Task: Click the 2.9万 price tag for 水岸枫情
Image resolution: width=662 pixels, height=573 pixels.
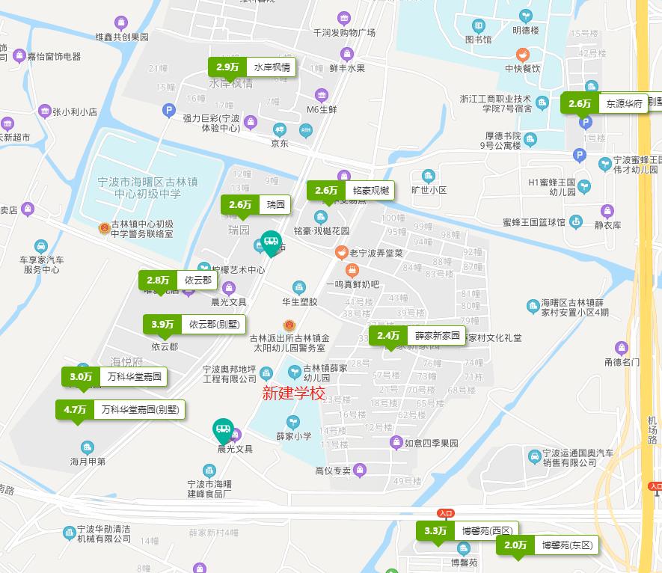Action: pos(251,67)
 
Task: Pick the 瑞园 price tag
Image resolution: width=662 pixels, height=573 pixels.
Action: pos(256,205)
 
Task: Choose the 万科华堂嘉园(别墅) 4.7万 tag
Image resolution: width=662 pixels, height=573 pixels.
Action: pos(120,410)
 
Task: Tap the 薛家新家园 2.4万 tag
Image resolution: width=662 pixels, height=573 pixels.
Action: pos(417,335)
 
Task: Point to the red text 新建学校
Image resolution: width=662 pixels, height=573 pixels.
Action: pos(294,393)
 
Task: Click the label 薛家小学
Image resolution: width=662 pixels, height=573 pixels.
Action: pos(293,435)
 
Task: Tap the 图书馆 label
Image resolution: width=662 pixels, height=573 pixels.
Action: pos(479,40)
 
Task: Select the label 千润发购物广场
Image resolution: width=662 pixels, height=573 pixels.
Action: pos(344,33)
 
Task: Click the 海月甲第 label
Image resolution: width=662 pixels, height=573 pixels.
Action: pos(88,461)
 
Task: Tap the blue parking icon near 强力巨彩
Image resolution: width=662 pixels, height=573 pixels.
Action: pos(168,111)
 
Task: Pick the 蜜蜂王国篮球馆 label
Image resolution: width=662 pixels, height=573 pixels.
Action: pos(534,222)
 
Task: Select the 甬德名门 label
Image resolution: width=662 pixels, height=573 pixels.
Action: pos(622,362)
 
